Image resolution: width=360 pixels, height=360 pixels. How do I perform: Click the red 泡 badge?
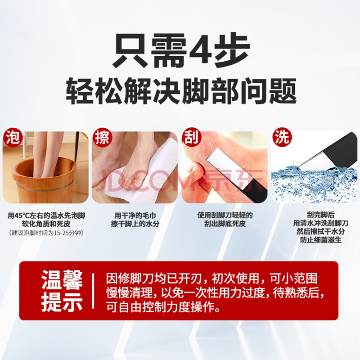(13, 137)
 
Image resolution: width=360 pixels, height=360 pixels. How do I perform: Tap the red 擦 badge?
(103, 137)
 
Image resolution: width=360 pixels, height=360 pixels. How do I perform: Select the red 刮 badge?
(192, 137)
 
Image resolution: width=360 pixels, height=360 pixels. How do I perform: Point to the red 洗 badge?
(282, 137)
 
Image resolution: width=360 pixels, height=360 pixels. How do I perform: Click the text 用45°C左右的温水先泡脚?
(46, 216)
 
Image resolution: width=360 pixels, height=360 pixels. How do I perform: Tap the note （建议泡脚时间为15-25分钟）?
(46, 233)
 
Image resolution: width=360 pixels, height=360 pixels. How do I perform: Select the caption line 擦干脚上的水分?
(135, 224)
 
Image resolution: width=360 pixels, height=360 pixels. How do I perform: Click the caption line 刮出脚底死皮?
(225, 223)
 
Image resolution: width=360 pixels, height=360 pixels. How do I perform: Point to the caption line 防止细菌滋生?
(321, 240)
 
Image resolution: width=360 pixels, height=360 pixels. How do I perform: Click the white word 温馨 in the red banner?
(62, 280)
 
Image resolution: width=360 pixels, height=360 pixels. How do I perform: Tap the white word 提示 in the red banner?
(62, 302)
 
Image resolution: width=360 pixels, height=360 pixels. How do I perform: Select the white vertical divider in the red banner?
(93, 291)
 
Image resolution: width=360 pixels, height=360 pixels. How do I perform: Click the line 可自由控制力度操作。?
(163, 307)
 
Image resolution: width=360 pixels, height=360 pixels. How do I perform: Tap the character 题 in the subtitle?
(283, 91)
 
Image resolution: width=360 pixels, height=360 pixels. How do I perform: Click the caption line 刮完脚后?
(321, 215)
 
